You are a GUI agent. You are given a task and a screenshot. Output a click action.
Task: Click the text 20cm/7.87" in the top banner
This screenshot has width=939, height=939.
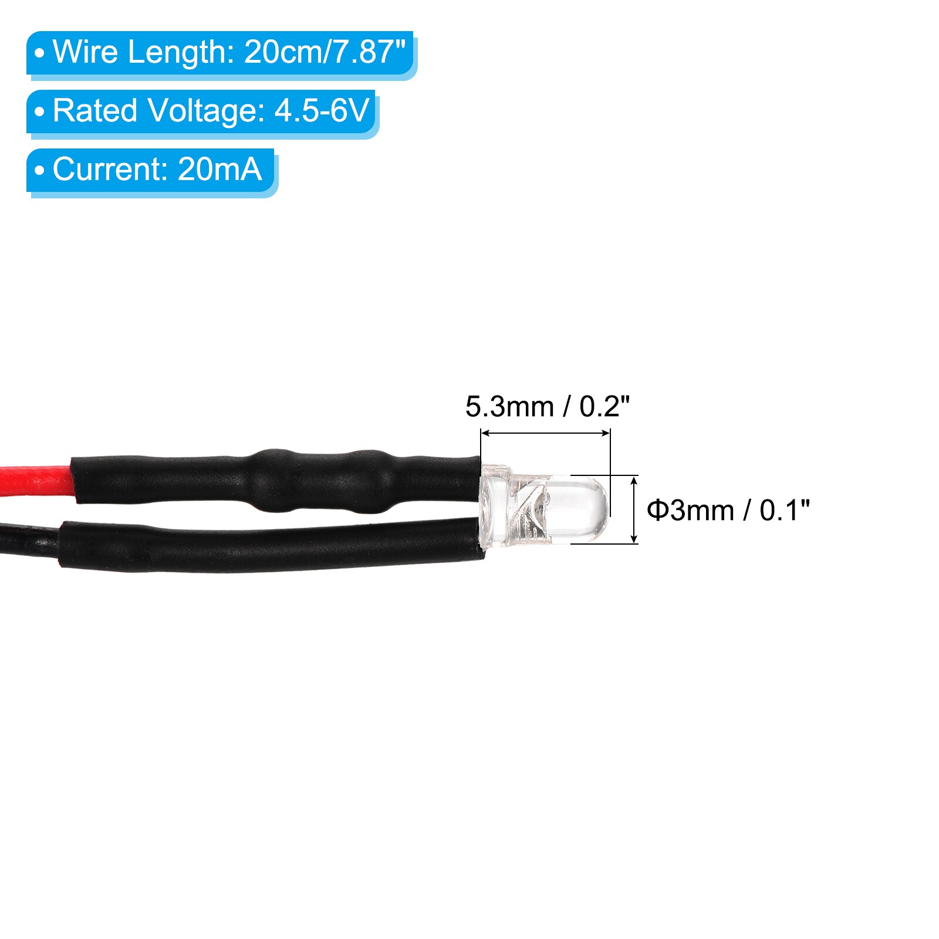coord(325,52)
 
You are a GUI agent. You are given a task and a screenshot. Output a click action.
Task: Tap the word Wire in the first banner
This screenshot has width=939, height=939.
coord(86,52)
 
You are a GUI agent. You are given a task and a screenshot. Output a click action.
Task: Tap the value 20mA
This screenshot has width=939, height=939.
coord(219,169)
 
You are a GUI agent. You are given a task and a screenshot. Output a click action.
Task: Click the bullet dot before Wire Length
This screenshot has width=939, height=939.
coord(39,53)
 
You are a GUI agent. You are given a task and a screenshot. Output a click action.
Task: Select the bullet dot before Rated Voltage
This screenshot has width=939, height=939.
coord(39,112)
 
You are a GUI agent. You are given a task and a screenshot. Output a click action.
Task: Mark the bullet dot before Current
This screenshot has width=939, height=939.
coord(39,170)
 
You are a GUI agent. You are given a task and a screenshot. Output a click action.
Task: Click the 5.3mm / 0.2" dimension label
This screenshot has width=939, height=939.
coord(547,406)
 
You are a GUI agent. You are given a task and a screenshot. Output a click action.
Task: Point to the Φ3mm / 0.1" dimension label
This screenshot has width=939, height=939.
coord(728,510)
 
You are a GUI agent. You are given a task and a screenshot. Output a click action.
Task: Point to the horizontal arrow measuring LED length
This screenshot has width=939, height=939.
coord(545,434)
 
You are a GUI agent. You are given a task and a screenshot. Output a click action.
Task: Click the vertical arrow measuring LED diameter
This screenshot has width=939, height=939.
coord(634,509)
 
